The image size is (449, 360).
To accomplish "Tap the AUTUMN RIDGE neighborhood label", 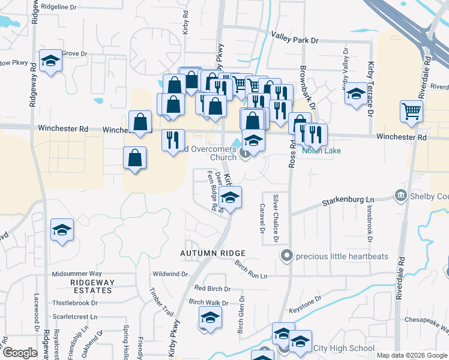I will pyautogui.click(x=214, y=254).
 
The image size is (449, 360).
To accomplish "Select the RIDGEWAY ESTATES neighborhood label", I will pyautogui.click(x=91, y=286).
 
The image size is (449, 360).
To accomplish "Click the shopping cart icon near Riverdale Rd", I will pyautogui.click(x=412, y=110).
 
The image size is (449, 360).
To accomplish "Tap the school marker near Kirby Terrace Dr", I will pyautogui.click(x=356, y=94).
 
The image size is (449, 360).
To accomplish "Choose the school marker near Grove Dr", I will pyautogui.click(x=51, y=61).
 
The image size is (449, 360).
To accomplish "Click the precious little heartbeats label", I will pyautogui.click(x=343, y=256).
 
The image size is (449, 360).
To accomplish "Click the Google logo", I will pyautogui.click(x=20, y=353).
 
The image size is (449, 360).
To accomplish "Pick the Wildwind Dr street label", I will pyautogui.click(x=171, y=274).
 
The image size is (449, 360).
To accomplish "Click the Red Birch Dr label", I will pyautogui.click(x=208, y=289).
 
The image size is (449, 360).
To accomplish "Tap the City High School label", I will pyautogui.click(x=344, y=349).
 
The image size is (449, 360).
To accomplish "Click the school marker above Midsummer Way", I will pyautogui.click(x=62, y=230).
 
